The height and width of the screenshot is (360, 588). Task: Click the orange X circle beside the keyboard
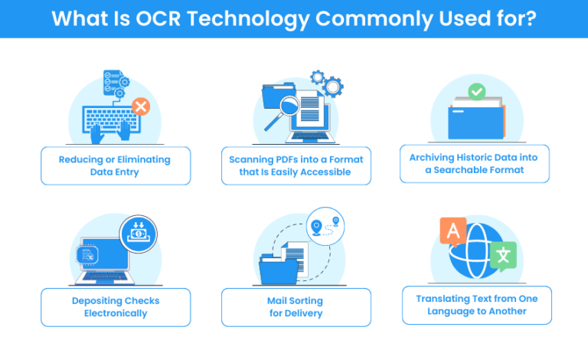(x=140, y=107)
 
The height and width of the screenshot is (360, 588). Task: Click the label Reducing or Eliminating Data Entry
(x=114, y=165)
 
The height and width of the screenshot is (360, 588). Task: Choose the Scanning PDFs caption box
(x=296, y=165)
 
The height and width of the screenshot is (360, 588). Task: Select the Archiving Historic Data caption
(x=474, y=164)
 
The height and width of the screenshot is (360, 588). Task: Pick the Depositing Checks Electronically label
(x=114, y=306)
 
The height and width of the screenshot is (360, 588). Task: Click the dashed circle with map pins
(x=326, y=230)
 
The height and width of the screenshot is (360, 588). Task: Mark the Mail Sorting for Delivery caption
(x=296, y=306)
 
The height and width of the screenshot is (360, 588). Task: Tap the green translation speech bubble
(x=503, y=256)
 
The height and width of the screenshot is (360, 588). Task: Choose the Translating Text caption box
(x=476, y=305)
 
